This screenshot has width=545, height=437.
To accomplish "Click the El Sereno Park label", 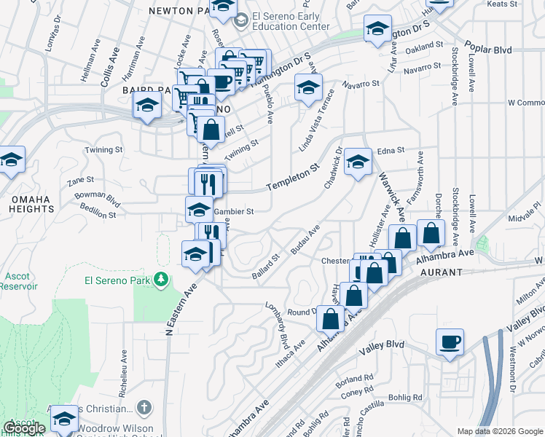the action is click(117, 280).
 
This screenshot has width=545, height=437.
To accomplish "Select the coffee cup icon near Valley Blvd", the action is click(449, 342).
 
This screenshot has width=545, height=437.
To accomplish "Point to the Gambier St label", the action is click(232, 212).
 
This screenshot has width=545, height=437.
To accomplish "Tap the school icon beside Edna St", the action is click(358, 162).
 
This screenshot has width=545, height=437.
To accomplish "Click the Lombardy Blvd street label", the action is click(276, 324).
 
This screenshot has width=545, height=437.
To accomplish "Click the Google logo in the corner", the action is click(24, 428).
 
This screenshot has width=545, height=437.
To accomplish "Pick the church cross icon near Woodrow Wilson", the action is click(144, 408).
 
